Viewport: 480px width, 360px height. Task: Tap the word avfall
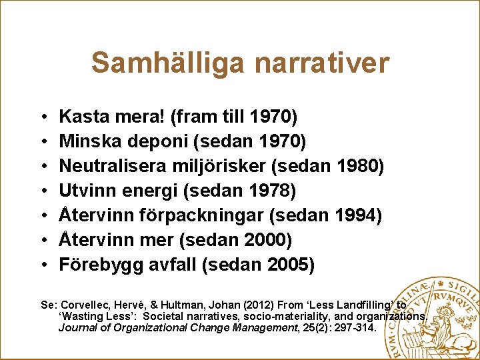[x=171, y=265]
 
